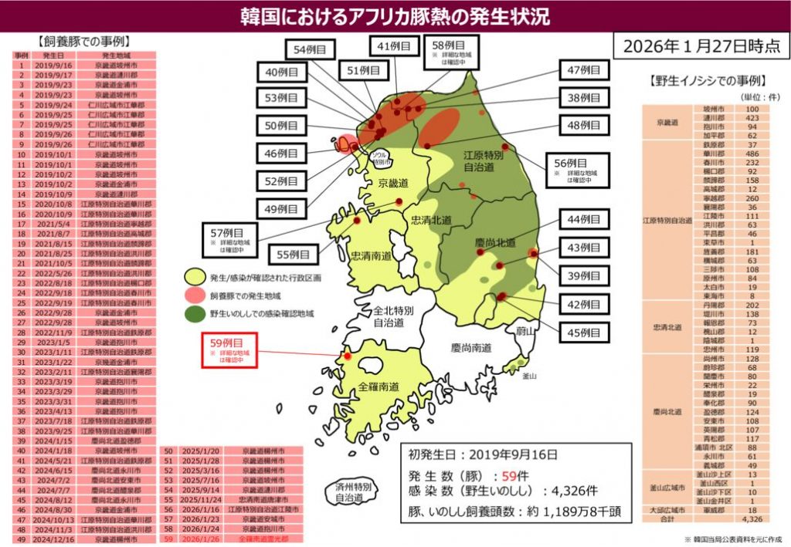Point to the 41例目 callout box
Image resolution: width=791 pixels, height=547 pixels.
click(392, 48)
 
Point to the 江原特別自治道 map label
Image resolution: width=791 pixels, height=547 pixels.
click(484, 160)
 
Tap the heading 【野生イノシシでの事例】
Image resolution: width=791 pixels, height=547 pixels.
click(704, 80)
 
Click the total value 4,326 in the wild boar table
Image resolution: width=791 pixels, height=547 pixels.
click(749, 519)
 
